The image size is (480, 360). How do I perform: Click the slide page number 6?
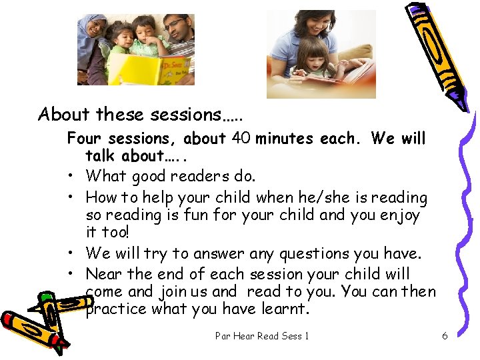pos(445,335)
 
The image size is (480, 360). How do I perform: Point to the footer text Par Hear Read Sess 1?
pos(262,335)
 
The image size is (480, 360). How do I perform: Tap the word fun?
pos(193,215)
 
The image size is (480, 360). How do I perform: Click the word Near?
pos(104,274)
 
